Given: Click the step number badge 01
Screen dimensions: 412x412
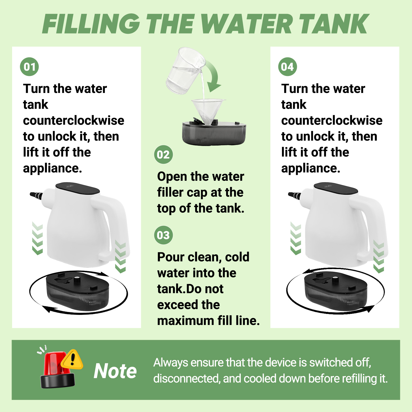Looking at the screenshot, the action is [29, 67].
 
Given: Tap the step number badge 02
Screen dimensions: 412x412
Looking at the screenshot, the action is [164, 154].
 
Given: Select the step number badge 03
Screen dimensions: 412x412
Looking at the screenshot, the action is [164, 235].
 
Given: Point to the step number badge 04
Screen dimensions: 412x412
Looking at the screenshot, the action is [288, 67].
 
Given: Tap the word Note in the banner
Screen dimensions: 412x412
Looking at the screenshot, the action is [115, 371].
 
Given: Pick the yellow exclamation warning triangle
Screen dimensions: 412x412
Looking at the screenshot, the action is [72, 359].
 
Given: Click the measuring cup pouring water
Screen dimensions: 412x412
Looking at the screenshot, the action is [185, 71].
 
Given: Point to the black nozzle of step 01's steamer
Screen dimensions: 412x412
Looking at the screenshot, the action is [36, 195].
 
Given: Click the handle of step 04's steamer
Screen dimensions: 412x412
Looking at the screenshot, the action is [370, 227].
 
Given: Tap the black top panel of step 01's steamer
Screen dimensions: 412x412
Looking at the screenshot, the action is [78, 188].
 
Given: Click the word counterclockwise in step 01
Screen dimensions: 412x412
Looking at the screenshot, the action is [74, 121].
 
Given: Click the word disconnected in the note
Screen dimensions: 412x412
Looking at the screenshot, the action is [187, 379].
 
